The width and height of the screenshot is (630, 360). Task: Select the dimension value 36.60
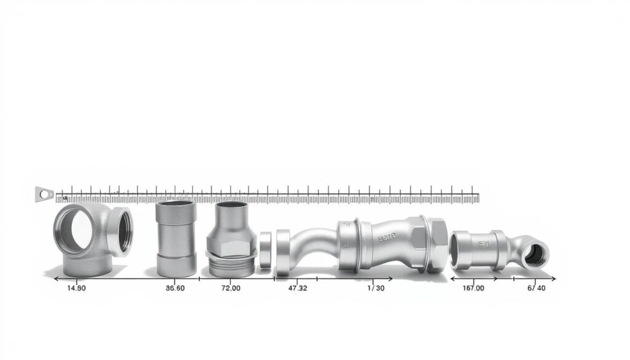click(x=171, y=288)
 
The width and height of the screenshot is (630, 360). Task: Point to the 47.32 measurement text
click(x=297, y=288)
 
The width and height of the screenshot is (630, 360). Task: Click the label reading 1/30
click(x=376, y=288)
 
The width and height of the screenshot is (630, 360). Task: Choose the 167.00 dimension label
click(x=473, y=288)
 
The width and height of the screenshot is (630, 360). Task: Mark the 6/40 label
click(x=536, y=288)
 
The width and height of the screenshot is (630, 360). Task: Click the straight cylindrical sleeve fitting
click(x=176, y=239)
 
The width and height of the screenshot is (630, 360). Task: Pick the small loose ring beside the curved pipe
click(x=265, y=249)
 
